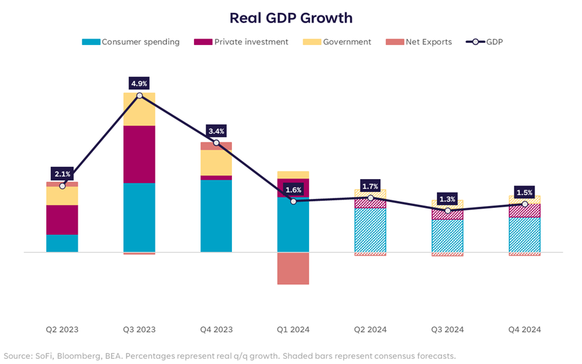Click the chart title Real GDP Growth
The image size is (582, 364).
pos(291,17)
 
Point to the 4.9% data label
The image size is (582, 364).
pos(139,83)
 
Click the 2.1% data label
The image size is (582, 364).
pos(62,174)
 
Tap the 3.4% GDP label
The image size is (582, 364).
pos(216,131)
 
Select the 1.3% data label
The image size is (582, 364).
pos(448,199)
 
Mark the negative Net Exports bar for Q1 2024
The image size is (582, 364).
pos(293,268)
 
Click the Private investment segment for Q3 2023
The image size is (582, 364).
pos(139,154)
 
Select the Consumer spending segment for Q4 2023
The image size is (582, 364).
pos(216,216)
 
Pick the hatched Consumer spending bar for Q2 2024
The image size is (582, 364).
pos(371,230)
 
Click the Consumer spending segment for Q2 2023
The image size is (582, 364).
pos(62,243)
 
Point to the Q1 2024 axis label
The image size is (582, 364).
pos(293,329)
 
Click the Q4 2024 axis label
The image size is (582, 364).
pos(524,329)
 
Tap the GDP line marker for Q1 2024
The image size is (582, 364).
pos(294,201)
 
